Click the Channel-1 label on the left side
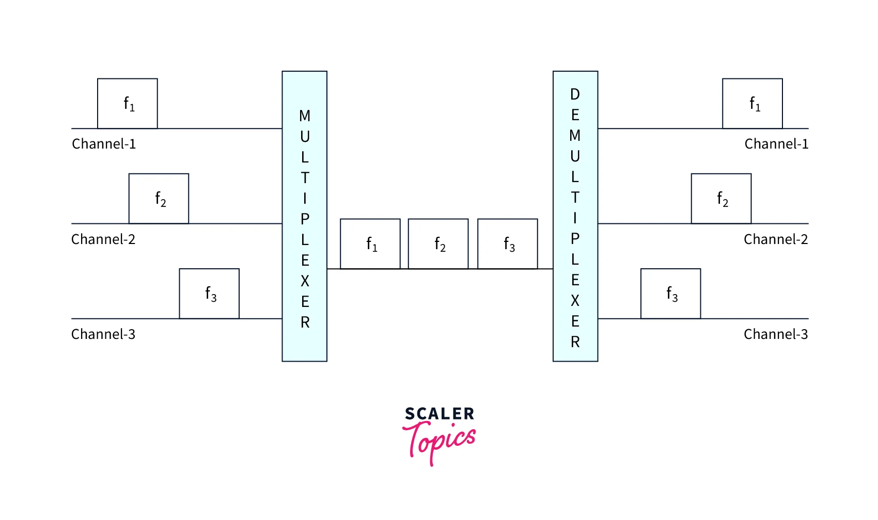coord(104,144)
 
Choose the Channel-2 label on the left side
coord(103,239)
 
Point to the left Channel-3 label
coord(103,334)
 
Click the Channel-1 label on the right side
coord(776,144)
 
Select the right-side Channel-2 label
coord(776,239)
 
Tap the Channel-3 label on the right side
coord(776,334)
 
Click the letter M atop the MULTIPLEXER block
coord(305,116)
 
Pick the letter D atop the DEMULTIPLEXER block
coord(575,94)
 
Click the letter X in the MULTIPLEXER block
coord(305,281)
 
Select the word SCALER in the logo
coord(440,414)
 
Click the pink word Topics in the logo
coord(440,443)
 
